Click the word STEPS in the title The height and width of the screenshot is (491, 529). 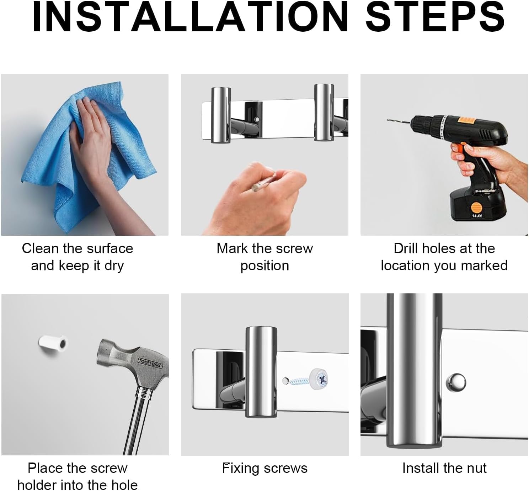click(436, 17)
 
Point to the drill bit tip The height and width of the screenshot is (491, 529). click(388, 120)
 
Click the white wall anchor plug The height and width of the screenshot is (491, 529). click(53, 344)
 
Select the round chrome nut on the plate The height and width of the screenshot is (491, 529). click(456, 383)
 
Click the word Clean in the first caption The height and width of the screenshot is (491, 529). click(41, 249)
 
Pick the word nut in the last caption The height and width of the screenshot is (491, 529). click(476, 469)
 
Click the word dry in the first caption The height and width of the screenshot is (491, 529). click(114, 266)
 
